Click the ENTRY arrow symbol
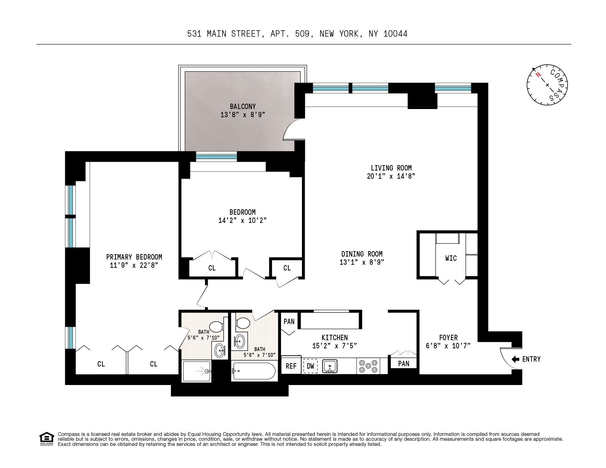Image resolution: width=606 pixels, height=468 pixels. click(515, 359)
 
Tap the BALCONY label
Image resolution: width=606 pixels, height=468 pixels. click(243, 106)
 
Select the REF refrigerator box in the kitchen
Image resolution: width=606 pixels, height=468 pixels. click(291, 366)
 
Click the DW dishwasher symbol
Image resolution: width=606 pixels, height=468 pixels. click(310, 366)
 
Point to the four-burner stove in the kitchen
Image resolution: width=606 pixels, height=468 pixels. click(368, 366)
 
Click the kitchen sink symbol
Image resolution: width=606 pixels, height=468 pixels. click(329, 366)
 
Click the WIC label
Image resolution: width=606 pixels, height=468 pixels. click(451, 258)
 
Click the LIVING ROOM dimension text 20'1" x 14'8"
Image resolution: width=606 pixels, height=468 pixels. click(391, 176)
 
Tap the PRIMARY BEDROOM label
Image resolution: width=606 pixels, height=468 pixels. click(134, 257)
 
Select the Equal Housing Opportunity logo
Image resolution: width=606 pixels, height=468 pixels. click(47, 439)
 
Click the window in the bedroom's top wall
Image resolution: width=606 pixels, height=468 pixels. click(216, 157)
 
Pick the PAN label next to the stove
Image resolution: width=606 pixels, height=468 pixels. click(403, 363)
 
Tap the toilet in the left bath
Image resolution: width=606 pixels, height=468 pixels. click(216, 327)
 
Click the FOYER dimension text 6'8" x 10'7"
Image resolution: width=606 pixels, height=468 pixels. click(448, 346)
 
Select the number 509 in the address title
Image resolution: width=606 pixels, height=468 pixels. click(302, 34)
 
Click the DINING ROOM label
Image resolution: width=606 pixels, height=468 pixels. click(362, 254)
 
